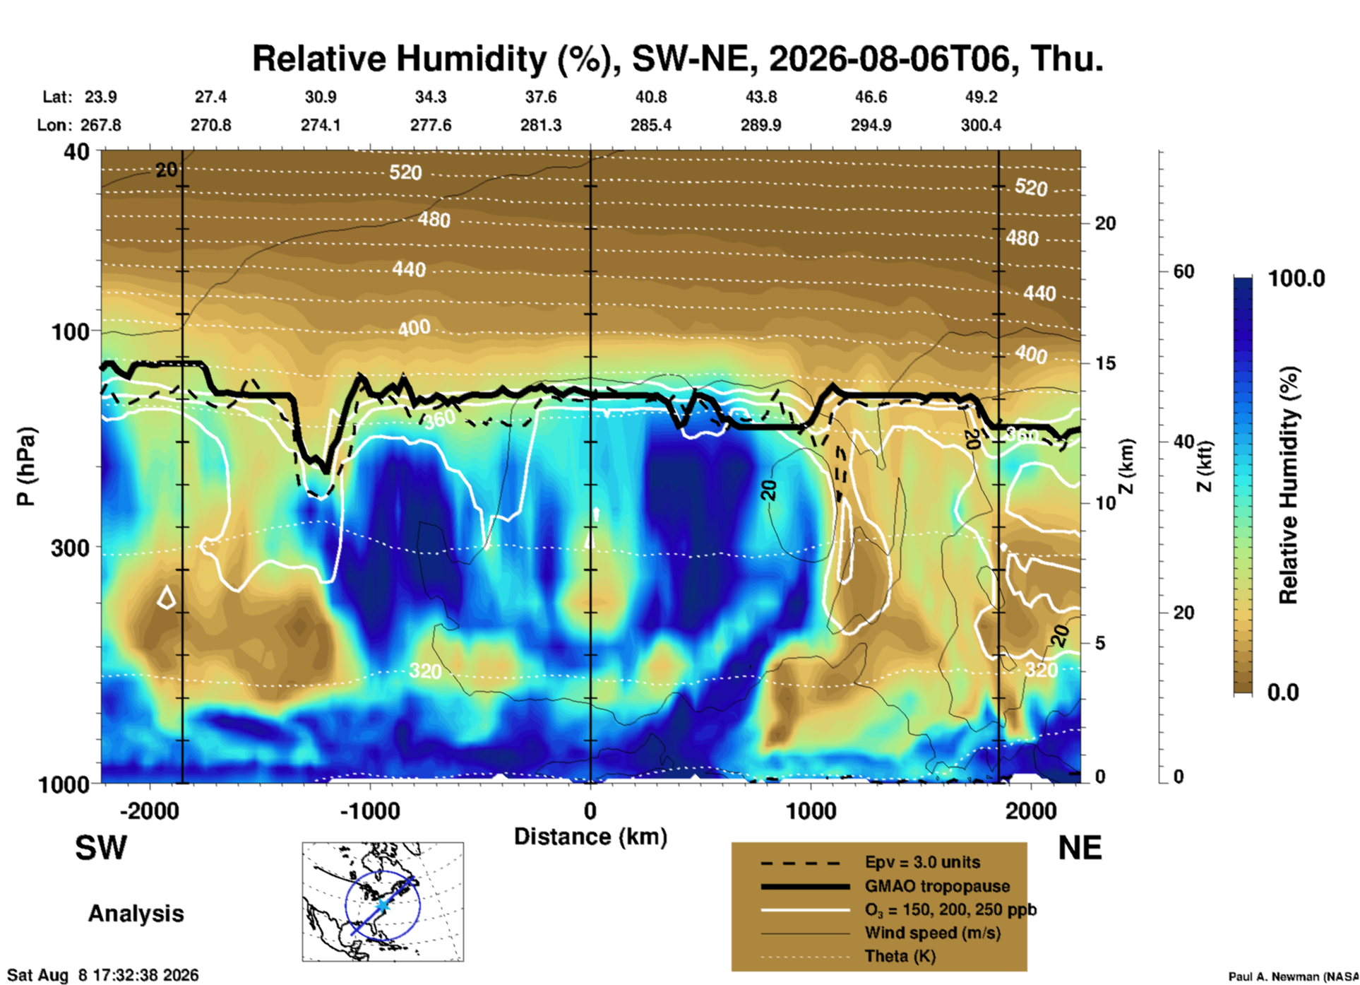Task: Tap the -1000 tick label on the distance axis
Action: [x=370, y=810]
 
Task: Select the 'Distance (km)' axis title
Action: [x=590, y=837]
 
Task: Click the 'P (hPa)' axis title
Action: [x=25, y=466]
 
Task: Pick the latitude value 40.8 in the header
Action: [x=650, y=97]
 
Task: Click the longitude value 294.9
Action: [x=871, y=125]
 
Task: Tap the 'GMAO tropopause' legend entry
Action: [x=937, y=886]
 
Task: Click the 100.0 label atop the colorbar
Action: [x=1296, y=278]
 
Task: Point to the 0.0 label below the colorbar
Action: [x=1283, y=692]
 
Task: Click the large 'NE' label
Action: [x=1080, y=848]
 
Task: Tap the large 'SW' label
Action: [x=101, y=848]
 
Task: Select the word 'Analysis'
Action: [x=136, y=914]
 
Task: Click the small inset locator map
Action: [x=383, y=902]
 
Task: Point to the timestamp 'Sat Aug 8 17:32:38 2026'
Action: [x=103, y=975]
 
